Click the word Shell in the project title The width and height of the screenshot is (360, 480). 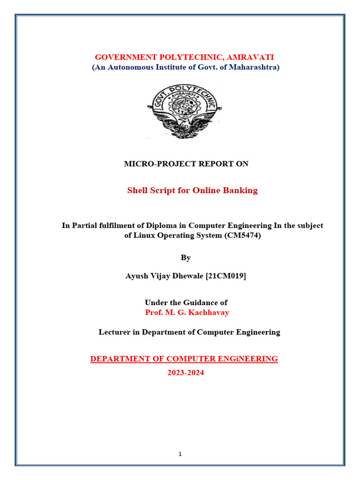tap(138, 190)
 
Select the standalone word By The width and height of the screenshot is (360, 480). tap(186, 257)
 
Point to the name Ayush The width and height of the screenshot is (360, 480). tap(136, 276)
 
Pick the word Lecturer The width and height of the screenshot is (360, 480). tap(115, 332)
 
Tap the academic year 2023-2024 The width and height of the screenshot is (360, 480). tap(186, 373)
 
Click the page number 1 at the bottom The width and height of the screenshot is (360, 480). tap(180, 454)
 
